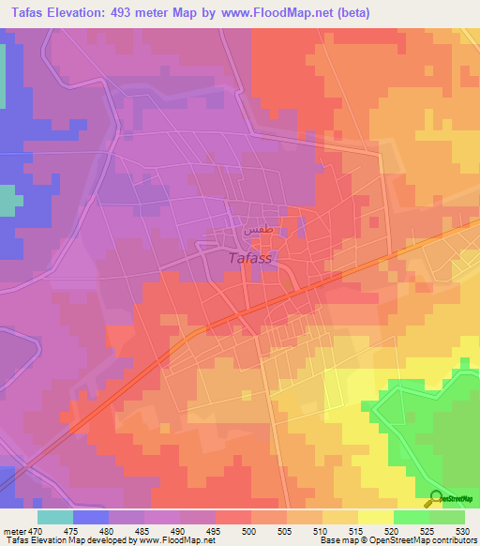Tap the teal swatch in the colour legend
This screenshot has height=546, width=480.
pyautogui.click(x=55, y=517)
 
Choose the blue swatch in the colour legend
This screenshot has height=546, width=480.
pyautogui.click(x=91, y=517)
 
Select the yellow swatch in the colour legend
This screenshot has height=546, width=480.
pyautogui.click(x=375, y=517)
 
